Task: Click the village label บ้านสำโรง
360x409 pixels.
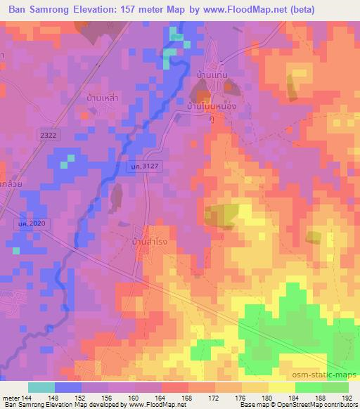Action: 150,242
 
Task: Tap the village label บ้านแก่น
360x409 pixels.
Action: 211,74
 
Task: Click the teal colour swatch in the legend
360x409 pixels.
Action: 41,387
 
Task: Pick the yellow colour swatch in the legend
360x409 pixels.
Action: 282,387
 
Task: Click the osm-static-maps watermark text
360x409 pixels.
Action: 328,374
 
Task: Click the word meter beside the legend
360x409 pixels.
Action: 10,398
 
